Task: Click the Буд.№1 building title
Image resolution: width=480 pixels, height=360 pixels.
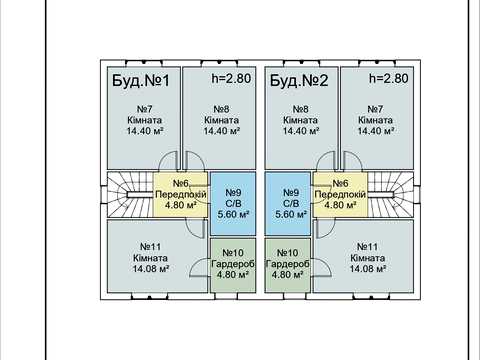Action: click(x=141, y=81)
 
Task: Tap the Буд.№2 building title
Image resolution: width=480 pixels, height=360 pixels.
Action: click(x=299, y=81)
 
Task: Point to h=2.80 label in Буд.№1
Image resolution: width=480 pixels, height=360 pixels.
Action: click(x=231, y=78)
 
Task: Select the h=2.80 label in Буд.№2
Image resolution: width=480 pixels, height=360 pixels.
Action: click(x=389, y=78)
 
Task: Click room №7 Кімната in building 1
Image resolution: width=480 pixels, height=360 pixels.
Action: click(x=144, y=118)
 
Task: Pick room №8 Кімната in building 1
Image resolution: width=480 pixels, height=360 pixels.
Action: click(x=219, y=118)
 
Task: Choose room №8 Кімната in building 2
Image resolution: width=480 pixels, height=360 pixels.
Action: click(x=302, y=118)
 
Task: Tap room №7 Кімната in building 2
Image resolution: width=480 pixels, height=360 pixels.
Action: click(x=377, y=118)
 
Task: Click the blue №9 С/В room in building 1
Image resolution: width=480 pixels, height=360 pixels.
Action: click(x=233, y=203)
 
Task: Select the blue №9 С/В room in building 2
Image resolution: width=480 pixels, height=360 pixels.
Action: click(x=288, y=203)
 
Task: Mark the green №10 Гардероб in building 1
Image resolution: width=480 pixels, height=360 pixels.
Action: click(x=233, y=265)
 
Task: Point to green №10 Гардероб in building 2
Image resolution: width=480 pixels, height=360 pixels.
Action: click(x=288, y=265)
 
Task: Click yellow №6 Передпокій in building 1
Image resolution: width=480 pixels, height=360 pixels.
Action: click(x=180, y=194)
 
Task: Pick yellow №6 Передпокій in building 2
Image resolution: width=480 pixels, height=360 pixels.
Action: click(x=340, y=194)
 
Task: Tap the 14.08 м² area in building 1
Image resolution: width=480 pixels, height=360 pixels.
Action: click(x=151, y=269)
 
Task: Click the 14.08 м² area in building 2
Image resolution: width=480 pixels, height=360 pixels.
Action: click(x=368, y=269)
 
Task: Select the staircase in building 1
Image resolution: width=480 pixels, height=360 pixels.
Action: click(x=130, y=194)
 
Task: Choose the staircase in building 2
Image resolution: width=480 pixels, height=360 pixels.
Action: click(x=391, y=194)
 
